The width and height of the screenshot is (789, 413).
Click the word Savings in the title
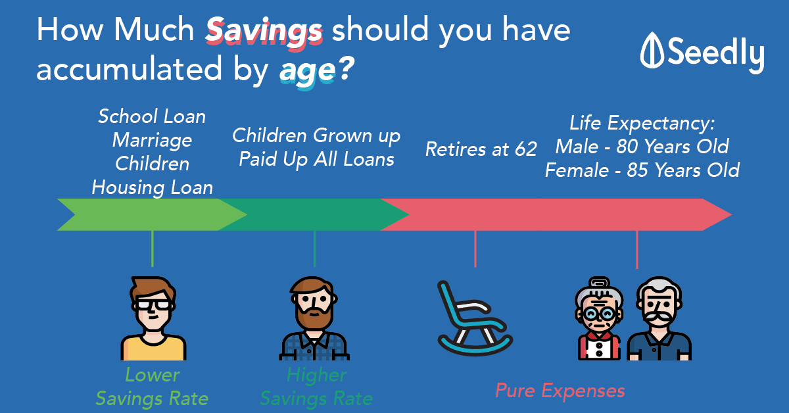click(264, 32)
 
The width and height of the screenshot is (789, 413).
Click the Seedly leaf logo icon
click(652, 50)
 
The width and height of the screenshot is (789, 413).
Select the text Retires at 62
click(481, 149)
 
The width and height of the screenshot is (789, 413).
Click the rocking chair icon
click(475, 318)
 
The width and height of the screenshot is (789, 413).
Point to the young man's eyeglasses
click(154, 304)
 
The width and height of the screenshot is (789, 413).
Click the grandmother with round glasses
click(599, 318)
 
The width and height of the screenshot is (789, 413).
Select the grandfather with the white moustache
click(659, 318)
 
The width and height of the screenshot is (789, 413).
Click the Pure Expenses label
click(560, 391)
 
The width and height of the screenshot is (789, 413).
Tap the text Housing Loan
click(152, 187)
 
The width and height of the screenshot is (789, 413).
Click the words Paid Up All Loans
click(316, 159)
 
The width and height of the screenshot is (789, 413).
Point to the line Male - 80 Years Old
click(642, 146)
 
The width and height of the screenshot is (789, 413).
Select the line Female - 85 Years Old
click(642, 170)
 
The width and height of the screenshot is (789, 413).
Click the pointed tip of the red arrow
click(732, 214)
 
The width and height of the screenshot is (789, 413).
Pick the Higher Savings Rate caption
click(316, 387)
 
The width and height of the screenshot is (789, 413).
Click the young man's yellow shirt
click(154, 349)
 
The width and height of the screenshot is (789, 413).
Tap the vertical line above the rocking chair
click(475, 249)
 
